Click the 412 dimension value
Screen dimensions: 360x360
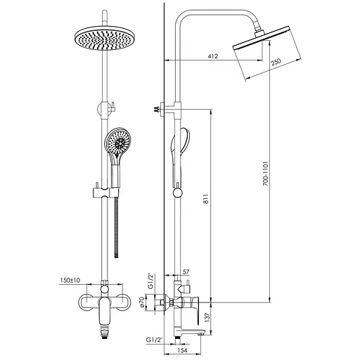pos(213,56)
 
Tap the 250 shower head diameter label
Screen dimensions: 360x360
pos(276,62)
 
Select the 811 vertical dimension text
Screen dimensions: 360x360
pos(205,199)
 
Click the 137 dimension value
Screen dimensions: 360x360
pos(207,317)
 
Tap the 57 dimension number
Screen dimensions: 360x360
pos(186,272)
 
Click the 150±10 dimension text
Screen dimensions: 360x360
pos(70,280)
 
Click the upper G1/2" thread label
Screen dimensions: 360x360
pos(150,281)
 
